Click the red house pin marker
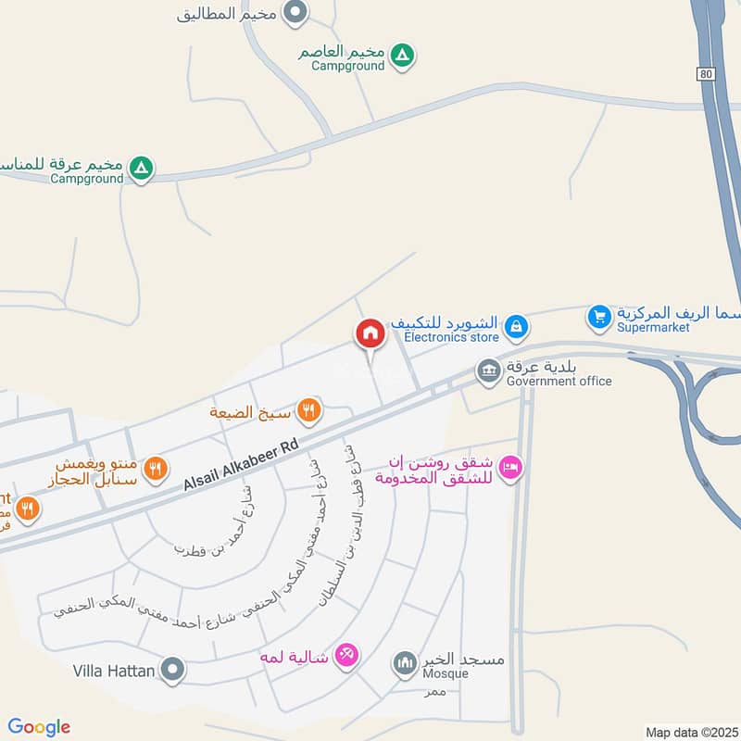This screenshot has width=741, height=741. click(x=370, y=333)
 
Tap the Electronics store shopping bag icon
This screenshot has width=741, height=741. click(x=516, y=326)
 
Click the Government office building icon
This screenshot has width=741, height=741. click(x=488, y=371)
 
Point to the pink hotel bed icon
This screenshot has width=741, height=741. click(x=509, y=469)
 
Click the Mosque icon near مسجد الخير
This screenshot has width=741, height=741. click(x=404, y=662)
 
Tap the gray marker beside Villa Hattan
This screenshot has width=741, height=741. click(x=172, y=669)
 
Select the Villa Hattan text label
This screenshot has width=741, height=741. click(x=113, y=670)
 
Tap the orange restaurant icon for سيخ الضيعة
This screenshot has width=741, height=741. click(x=309, y=409)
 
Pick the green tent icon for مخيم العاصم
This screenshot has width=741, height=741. click(x=401, y=57)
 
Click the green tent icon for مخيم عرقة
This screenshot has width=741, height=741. click(x=140, y=169)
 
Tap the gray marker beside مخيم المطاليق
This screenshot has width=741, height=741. click(x=295, y=13)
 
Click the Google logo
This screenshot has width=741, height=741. click(x=40, y=727)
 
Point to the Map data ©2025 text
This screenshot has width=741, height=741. click(x=690, y=732)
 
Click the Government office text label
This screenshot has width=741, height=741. click(x=559, y=381)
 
